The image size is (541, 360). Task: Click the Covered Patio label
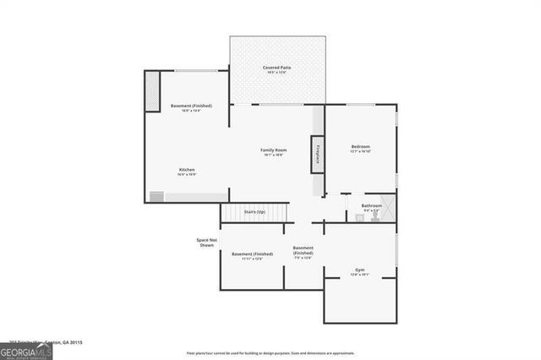pos(277,69)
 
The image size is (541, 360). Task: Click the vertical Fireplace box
pos(318,155)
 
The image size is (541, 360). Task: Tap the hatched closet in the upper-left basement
pos(153,91)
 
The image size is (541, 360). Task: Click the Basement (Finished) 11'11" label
pos(252,256)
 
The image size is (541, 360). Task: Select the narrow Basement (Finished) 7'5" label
pos(303,252)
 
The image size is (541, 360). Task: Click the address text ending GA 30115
pos(51,343)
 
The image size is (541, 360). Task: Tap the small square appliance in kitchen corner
pos(156,197)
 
